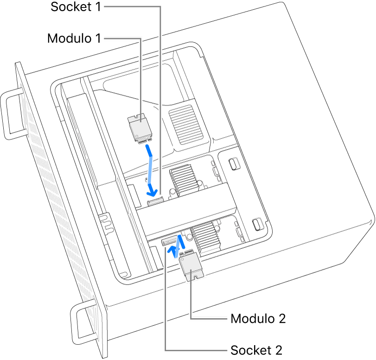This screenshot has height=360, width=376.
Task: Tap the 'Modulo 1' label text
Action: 74,38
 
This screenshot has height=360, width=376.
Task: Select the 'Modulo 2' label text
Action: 258,319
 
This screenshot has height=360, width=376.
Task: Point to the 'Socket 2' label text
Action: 256,349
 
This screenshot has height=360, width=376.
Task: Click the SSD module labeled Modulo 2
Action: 191,268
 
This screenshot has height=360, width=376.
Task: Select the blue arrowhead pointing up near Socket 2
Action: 173,251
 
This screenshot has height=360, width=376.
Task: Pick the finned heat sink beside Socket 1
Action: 182,179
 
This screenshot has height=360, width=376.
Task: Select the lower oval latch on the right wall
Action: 256,224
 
